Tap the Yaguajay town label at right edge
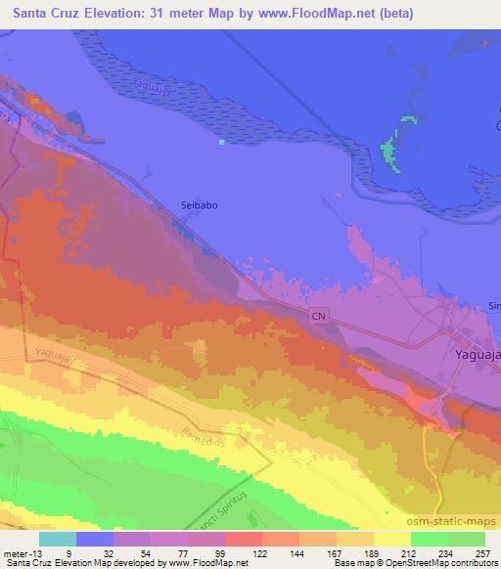478,355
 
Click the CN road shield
318,317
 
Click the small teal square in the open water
222,142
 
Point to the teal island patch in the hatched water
390,152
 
